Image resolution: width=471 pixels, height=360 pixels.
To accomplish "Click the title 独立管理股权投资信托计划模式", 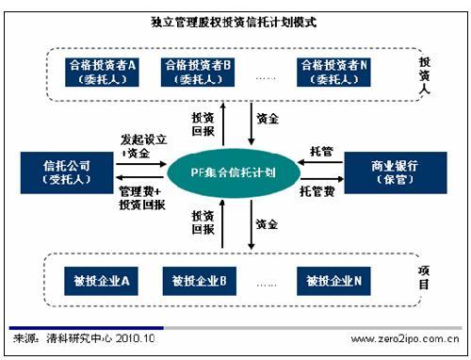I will (235, 18).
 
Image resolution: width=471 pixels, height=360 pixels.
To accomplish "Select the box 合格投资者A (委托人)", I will (103, 72).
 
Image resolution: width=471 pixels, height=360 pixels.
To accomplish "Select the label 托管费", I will (317, 190).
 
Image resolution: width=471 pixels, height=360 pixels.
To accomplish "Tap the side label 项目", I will (426, 276).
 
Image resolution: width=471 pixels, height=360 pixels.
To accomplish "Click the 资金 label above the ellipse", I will (267, 121).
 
